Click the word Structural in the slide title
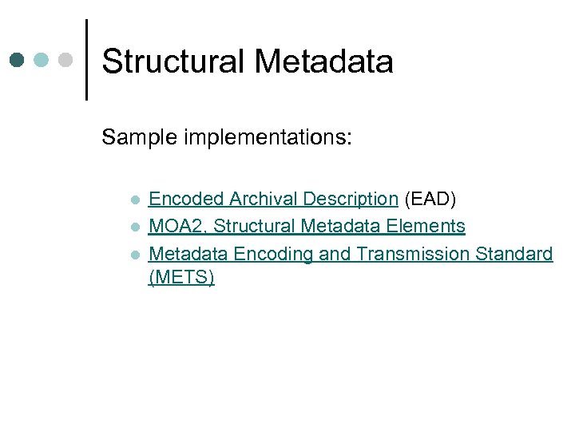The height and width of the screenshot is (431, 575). coord(171,61)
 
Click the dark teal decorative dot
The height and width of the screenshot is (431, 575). coord(18,61)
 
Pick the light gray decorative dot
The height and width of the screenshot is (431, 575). coord(66,61)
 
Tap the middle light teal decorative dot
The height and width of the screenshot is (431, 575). coord(42,61)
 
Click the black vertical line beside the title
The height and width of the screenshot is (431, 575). coord(86,60)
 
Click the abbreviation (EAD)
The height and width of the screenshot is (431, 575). coord(430,199)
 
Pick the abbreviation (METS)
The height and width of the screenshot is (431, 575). coord(181,278)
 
